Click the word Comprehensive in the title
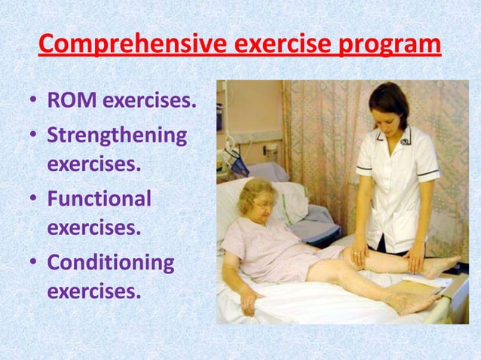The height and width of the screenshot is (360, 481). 127,44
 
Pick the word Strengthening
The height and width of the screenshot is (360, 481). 117,136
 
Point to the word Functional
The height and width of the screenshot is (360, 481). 99,199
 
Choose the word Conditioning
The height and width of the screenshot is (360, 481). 110,262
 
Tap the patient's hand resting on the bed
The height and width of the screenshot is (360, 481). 248,306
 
